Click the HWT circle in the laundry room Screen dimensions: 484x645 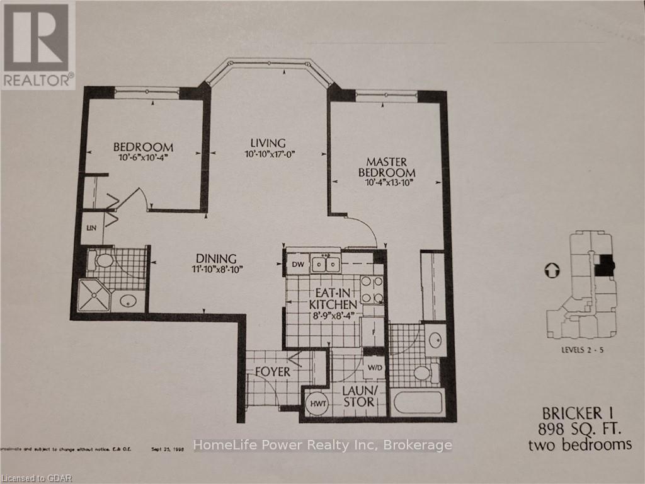(316, 401)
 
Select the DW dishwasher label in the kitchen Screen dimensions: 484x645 (296, 264)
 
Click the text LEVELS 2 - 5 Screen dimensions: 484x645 (579, 350)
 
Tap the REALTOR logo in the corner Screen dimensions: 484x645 (38, 44)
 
